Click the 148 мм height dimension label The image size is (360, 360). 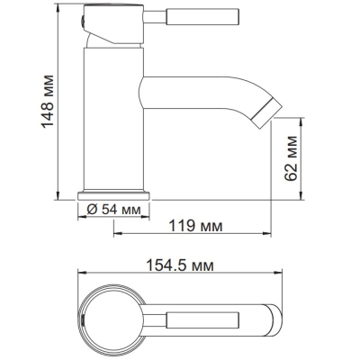point(48,102)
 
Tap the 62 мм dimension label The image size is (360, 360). point(291,158)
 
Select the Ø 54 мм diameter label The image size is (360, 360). point(113,210)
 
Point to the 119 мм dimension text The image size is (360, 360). point(195,226)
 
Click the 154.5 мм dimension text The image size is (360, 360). point(180,265)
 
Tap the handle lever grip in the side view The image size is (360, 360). point(202,16)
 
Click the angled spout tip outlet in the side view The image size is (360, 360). point(266,113)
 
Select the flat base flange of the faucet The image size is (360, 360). point(113,195)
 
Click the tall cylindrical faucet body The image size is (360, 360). point(113,119)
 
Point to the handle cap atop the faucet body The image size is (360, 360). point(114,24)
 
